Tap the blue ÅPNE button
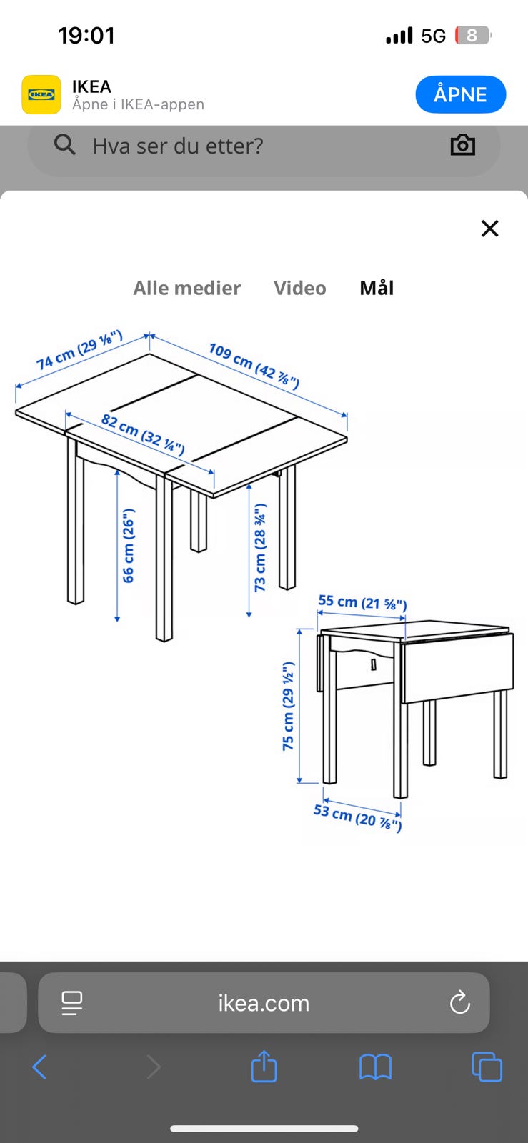(x=460, y=94)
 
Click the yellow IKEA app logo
(x=41, y=94)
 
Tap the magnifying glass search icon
(x=65, y=145)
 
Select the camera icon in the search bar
(x=463, y=145)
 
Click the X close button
(x=489, y=229)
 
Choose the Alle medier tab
(x=186, y=289)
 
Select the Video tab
(x=300, y=289)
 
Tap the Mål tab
(x=377, y=288)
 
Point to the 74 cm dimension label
(x=79, y=349)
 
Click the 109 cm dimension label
(x=254, y=366)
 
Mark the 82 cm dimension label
(x=143, y=434)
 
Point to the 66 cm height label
(x=128, y=545)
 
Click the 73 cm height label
(x=260, y=547)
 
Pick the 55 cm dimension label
(x=363, y=602)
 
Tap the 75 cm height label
(x=288, y=706)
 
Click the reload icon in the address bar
(x=459, y=1003)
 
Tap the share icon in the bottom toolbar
(x=264, y=1066)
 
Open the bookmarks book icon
(x=376, y=1067)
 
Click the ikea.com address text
(x=264, y=1003)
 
